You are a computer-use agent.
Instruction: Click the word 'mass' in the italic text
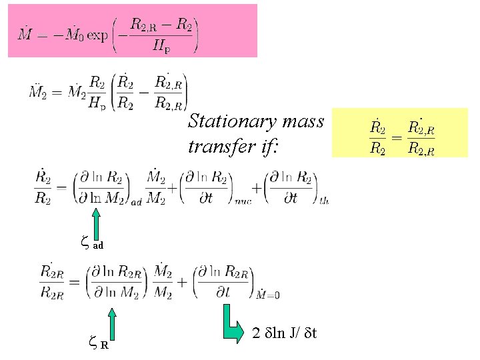tap(303, 121)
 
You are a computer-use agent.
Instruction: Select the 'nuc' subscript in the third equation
tap(242, 201)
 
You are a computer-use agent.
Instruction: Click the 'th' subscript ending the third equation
tap(325, 201)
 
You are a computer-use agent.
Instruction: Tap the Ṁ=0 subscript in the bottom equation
tap(268, 295)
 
